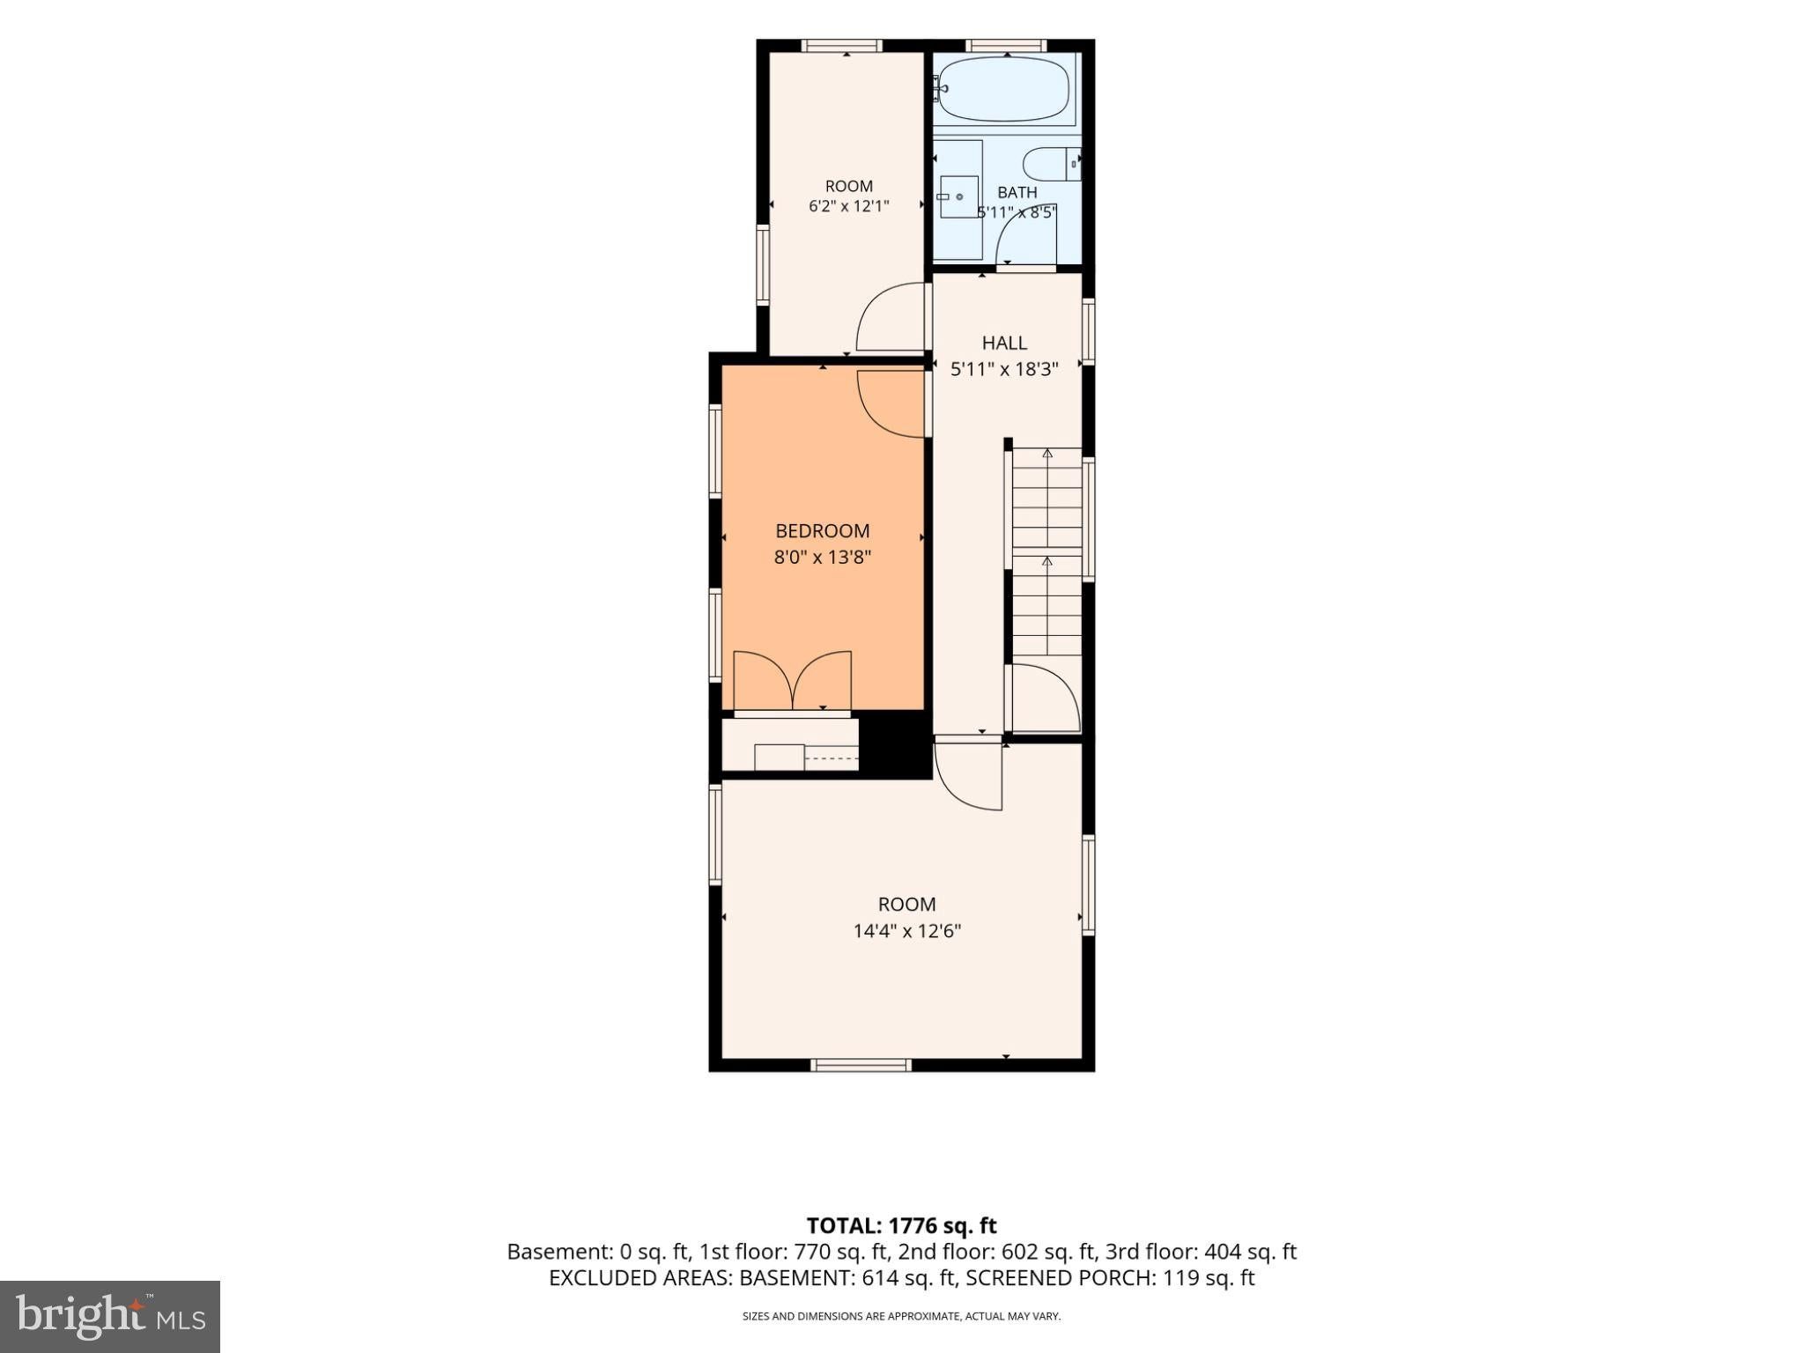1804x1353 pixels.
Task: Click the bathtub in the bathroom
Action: (1004, 88)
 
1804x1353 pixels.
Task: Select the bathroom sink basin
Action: (958, 196)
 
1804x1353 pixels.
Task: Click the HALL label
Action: (1004, 343)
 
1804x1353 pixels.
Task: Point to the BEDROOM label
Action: (822, 531)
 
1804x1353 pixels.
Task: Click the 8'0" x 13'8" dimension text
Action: (822, 557)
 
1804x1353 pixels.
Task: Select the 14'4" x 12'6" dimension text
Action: (906, 931)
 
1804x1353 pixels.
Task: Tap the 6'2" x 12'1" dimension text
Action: (849, 207)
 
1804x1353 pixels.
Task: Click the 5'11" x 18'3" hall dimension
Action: (1004, 369)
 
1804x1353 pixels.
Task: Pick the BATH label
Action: (1017, 192)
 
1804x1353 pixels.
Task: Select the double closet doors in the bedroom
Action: (793, 680)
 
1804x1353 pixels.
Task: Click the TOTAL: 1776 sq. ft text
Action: (901, 1225)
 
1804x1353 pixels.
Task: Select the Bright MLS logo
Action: (110, 1317)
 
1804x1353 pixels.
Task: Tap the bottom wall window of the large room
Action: (861, 1065)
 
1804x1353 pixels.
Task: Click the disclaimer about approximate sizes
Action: (901, 1317)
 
